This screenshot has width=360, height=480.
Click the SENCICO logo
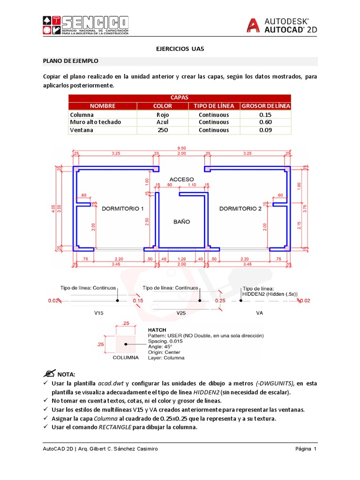pos(86,25)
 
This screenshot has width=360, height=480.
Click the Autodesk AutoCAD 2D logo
pos(282,25)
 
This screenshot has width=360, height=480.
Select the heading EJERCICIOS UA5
pos(180,48)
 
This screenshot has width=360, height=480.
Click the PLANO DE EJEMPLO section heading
pos(71,61)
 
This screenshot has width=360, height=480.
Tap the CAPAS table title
pos(180,97)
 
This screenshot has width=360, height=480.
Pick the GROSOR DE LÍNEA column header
pos(265,106)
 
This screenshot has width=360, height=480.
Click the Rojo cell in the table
pos(163,114)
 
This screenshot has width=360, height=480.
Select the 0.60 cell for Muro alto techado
pos(265,122)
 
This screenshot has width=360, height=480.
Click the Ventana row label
pos(82,130)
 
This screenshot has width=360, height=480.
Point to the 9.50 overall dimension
pos(180,148)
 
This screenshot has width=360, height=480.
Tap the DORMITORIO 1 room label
pos(123,209)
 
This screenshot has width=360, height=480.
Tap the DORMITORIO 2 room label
pos(240,209)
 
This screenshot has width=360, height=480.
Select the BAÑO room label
pos(181,221)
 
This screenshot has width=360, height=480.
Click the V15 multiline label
pos(98,312)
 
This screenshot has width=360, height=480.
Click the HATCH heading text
pos(157,330)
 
